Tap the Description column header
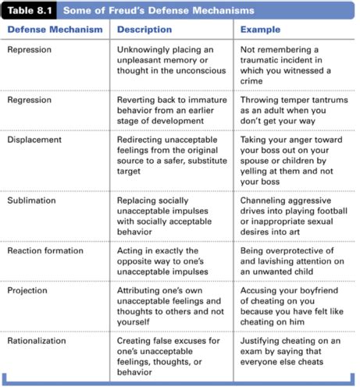(x=144, y=30)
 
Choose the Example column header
(x=261, y=30)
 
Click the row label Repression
(x=30, y=48)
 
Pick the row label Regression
(x=31, y=100)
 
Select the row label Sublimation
(x=33, y=200)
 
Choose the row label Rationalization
(x=40, y=341)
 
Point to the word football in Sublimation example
(x=333, y=212)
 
